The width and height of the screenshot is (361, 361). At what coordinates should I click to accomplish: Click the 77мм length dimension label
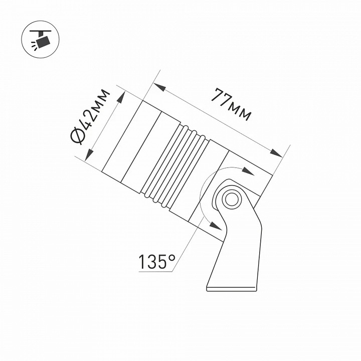click(231, 104)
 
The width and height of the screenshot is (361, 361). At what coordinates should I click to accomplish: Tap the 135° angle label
click(156, 262)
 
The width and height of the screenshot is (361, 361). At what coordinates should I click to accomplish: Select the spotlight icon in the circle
click(41, 40)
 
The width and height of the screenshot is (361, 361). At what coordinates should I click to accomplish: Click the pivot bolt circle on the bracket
click(231, 199)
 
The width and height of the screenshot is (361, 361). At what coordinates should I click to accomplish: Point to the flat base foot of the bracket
click(231, 289)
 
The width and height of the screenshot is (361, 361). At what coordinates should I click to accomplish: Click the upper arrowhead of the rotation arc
click(248, 171)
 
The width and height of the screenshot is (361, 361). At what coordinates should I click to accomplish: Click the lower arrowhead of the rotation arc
click(216, 226)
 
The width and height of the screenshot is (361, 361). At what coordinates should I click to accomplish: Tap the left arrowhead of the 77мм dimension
click(160, 87)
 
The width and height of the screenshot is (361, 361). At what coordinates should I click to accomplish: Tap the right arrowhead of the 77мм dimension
click(276, 153)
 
